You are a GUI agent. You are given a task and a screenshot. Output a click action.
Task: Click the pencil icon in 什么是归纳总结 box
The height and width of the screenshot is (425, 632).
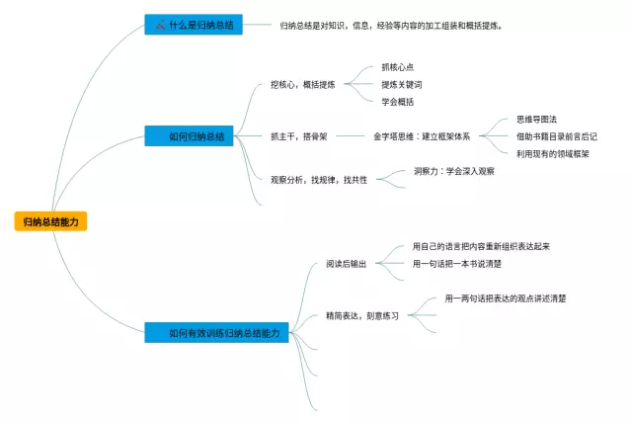tap(159, 25)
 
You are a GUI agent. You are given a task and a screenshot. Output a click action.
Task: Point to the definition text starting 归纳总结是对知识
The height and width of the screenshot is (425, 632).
tap(390, 25)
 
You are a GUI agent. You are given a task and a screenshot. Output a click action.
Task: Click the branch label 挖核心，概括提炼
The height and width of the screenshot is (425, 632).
tap(302, 85)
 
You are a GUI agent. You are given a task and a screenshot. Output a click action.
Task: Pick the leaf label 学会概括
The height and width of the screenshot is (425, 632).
tap(398, 102)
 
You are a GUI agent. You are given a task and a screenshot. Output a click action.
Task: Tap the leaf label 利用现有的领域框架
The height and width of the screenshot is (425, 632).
tap(553, 153)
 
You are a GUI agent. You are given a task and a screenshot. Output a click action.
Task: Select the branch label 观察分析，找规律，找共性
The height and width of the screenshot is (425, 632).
tap(318, 180)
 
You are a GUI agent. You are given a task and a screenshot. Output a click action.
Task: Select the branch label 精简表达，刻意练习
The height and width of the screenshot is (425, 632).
tap(361, 316)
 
